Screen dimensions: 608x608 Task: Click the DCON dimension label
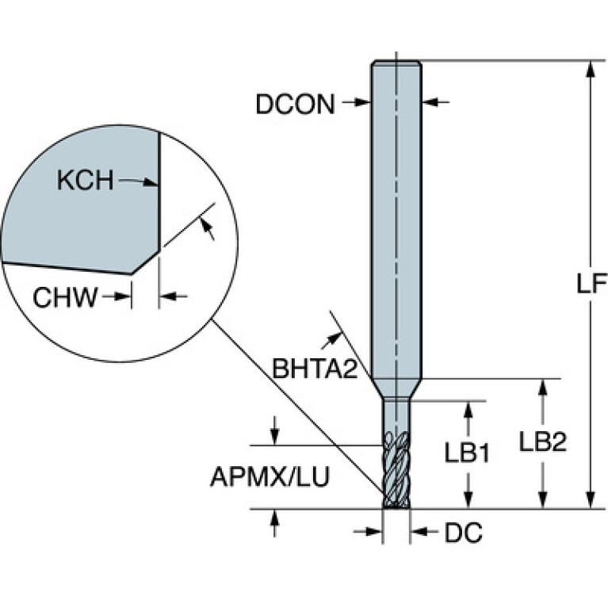pyautogui.click(x=295, y=104)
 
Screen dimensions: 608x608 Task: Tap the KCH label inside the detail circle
pyautogui.click(x=86, y=180)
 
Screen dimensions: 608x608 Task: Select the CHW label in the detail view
pyautogui.click(x=65, y=297)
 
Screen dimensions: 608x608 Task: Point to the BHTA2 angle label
pyautogui.click(x=315, y=369)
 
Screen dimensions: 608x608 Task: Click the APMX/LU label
pyautogui.click(x=270, y=476)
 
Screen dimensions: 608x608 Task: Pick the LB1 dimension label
pyautogui.click(x=466, y=453)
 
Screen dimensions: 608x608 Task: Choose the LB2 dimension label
pyautogui.click(x=543, y=442)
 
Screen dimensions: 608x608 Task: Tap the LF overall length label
pyautogui.click(x=591, y=284)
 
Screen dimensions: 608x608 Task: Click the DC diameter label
pyautogui.click(x=464, y=533)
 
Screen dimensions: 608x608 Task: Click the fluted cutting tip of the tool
pyautogui.click(x=396, y=470)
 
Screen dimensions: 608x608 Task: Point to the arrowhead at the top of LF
pyautogui.click(x=590, y=70)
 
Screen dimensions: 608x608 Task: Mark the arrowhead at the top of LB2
pyautogui.click(x=543, y=388)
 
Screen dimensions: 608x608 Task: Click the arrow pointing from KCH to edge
pyautogui.click(x=139, y=182)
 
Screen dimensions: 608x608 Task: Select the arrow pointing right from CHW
pyautogui.click(x=117, y=296)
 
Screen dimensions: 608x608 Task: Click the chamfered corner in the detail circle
pyautogui.click(x=146, y=262)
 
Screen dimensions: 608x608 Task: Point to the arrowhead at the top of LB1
pyautogui.click(x=468, y=411)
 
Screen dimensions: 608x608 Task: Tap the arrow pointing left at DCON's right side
pyautogui.click(x=435, y=102)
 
